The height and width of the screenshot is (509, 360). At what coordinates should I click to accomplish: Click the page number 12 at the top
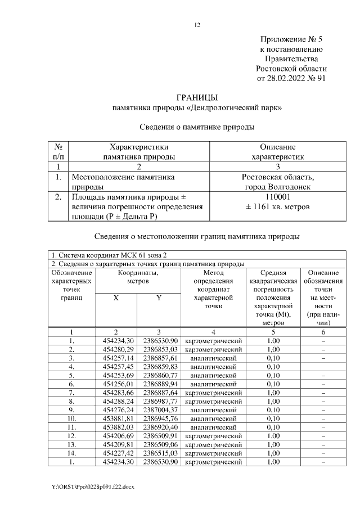click(x=197, y=25)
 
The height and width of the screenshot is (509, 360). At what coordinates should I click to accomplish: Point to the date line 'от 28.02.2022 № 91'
click(x=291, y=78)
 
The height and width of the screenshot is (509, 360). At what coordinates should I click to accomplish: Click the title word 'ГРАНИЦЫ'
click(x=196, y=97)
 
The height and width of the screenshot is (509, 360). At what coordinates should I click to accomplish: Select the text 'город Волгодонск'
click(x=277, y=186)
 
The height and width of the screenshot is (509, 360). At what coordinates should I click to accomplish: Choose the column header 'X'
click(x=116, y=298)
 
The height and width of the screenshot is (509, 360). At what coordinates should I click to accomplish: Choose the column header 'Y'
click(x=159, y=298)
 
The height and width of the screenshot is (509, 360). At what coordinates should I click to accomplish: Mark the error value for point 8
click(x=273, y=402)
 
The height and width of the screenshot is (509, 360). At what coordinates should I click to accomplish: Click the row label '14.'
click(x=71, y=453)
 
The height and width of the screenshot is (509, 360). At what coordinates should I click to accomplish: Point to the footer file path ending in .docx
click(x=93, y=485)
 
